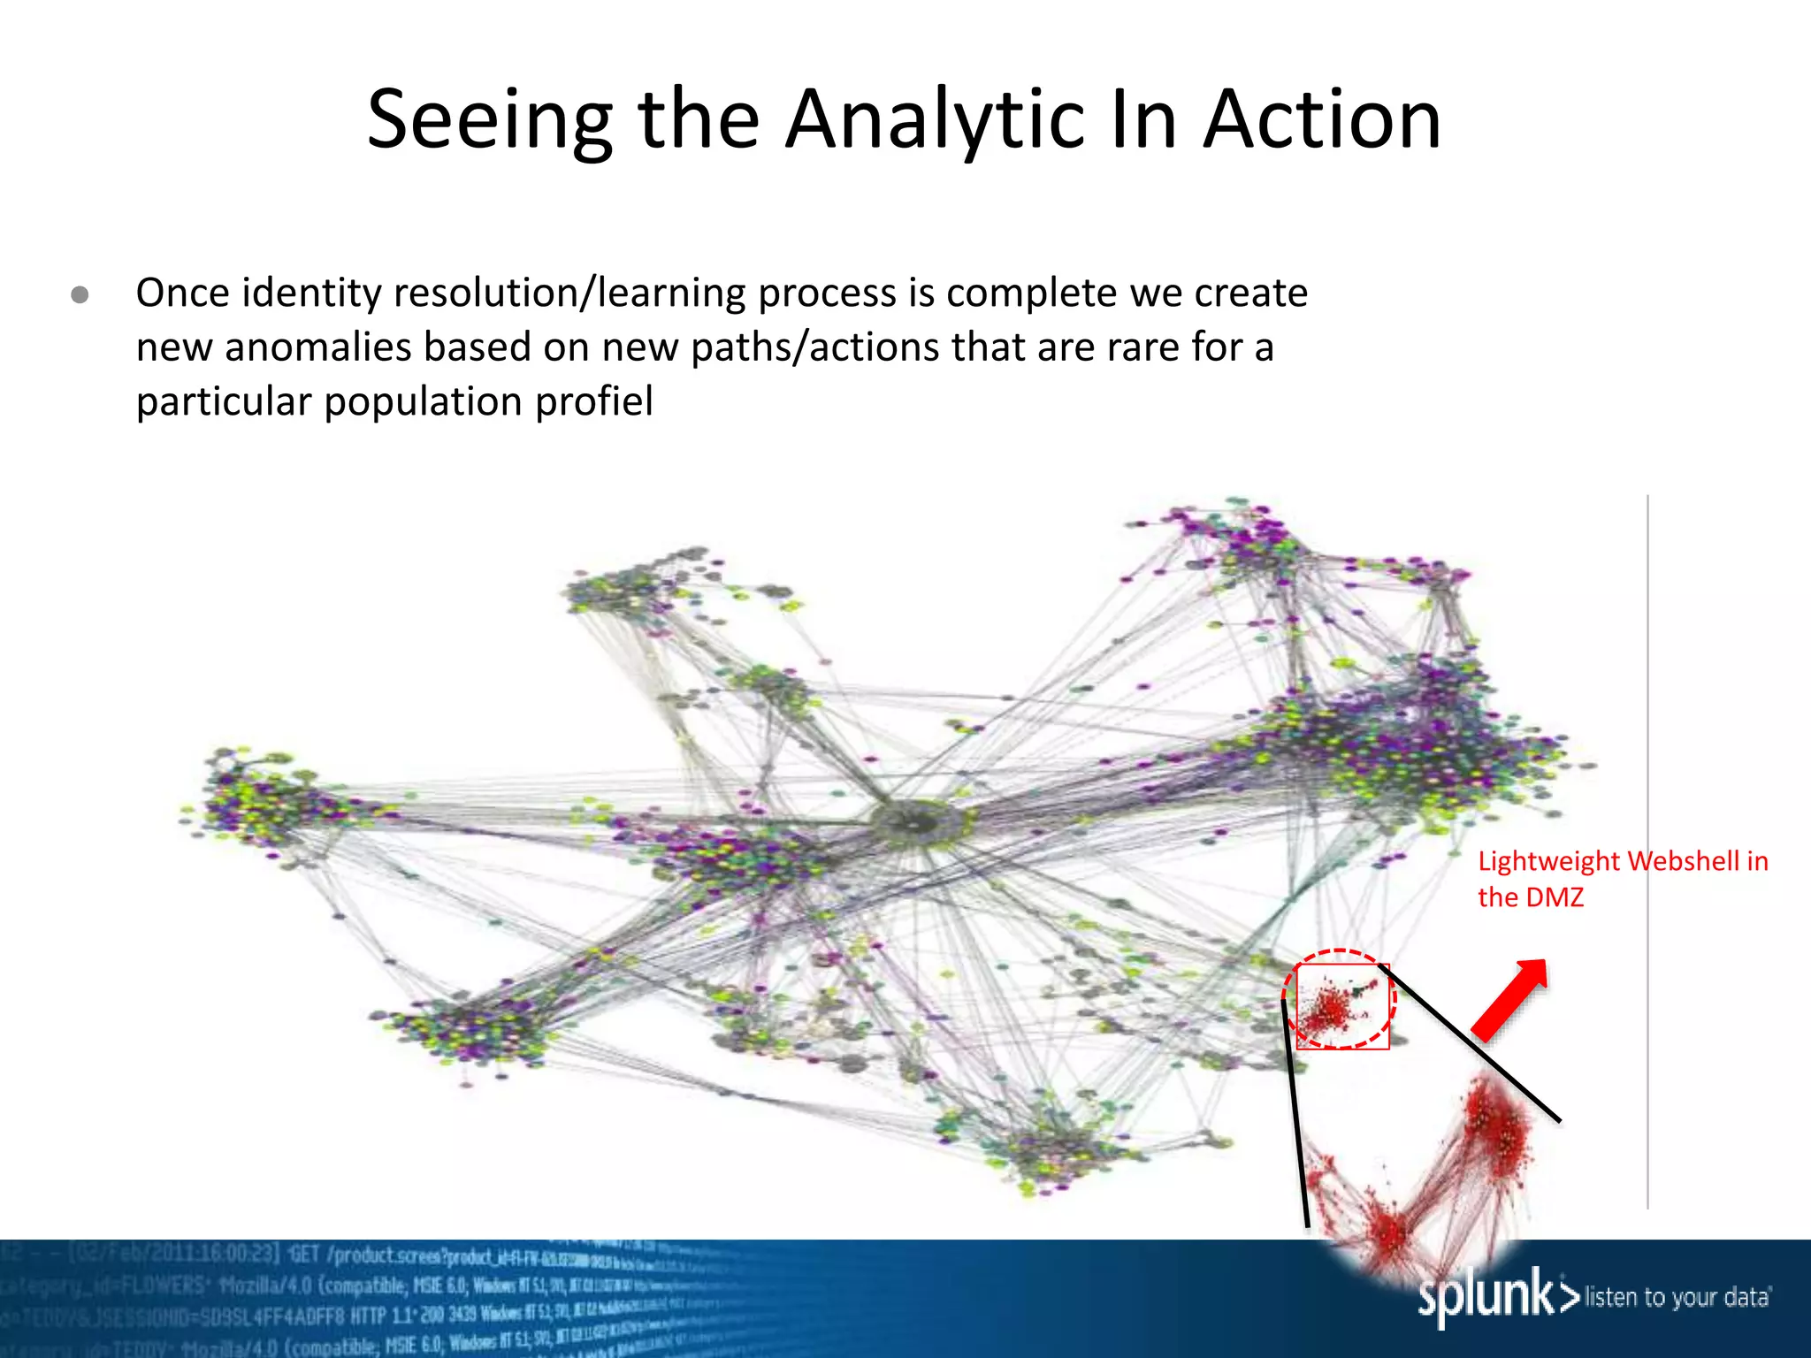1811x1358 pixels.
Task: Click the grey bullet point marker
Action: click(x=80, y=294)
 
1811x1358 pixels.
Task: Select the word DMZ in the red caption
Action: click(x=1554, y=896)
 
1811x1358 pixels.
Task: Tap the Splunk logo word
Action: click(x=1486, y=1295)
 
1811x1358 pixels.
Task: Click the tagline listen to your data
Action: click(x=1677, y=1297)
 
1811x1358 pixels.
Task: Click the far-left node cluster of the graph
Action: click(x=256, y=800)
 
